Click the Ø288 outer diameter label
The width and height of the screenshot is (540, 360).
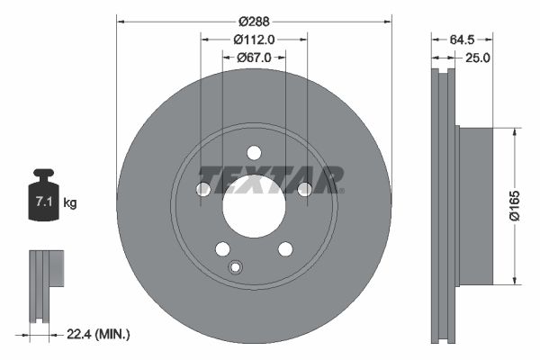[254, 17]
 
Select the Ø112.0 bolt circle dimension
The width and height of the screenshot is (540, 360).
[254, 39]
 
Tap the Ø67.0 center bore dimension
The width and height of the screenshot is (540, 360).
[254, 58]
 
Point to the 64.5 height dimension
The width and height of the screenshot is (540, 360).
[461, 39]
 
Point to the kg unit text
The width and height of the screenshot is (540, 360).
[70, 203]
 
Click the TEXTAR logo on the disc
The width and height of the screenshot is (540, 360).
[270, 179]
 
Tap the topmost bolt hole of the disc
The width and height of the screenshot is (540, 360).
[254, 152]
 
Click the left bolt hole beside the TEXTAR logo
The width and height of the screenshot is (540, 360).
[203, 189]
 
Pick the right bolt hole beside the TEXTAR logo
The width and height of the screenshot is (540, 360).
[304, 189]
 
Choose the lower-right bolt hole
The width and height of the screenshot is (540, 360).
[284, 248]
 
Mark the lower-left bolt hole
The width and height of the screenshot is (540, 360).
[222, 248]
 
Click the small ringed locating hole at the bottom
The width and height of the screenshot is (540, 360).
[236, 266]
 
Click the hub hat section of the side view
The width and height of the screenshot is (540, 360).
[476, 204]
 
